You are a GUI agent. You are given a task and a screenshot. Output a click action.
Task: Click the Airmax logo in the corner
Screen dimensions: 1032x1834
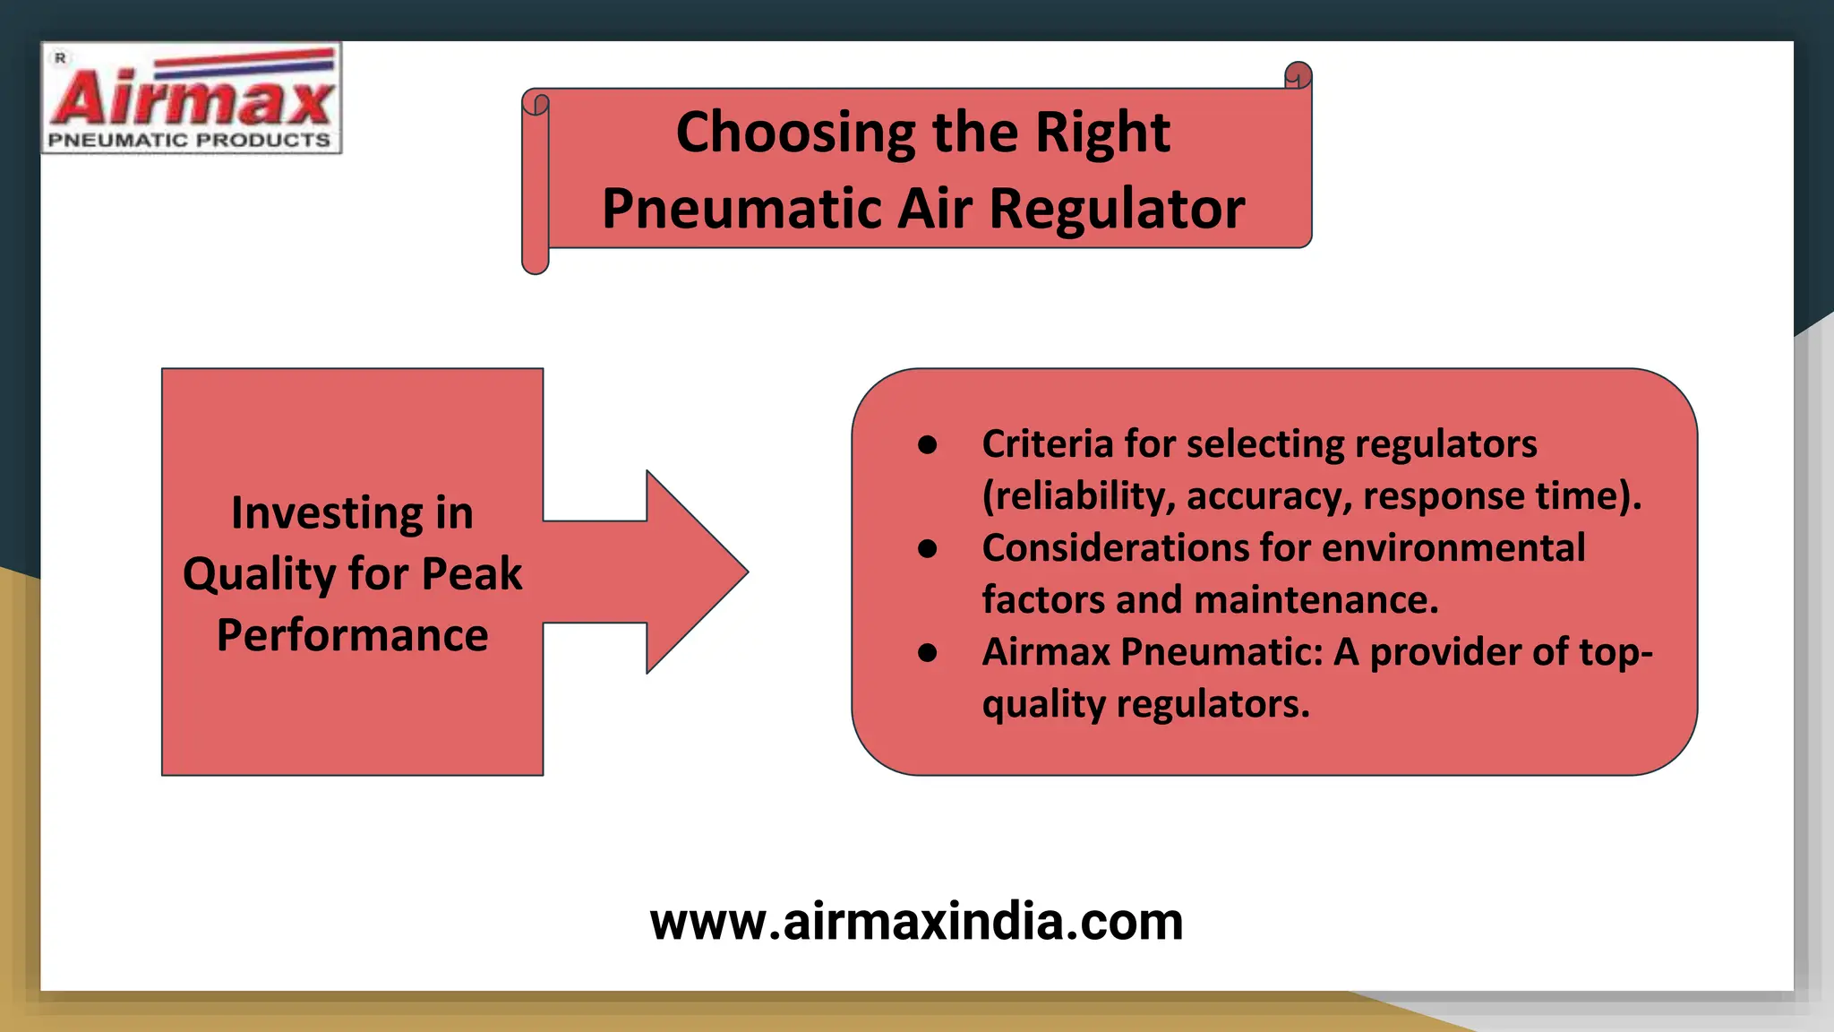(x=191, y=97)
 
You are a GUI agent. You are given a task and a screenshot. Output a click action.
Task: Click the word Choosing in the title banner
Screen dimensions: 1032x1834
(x=795, y=133)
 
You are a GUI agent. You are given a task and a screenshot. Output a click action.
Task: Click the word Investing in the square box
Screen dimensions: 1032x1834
(x=327, y=513)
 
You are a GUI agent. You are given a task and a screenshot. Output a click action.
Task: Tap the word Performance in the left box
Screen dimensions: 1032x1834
(x=352, y=635)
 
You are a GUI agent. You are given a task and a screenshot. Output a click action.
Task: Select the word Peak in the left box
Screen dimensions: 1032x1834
(x=472, y=573)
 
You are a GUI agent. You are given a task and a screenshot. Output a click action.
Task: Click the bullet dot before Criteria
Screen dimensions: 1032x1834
(x=927, y=444)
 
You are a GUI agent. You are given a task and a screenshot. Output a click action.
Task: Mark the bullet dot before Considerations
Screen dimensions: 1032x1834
(x=927, y=548)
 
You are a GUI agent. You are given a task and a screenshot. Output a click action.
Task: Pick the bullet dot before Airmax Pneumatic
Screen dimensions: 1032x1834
(x=927, y=653)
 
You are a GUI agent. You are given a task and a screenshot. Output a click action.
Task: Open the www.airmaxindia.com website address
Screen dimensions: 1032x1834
(x=916, y=922)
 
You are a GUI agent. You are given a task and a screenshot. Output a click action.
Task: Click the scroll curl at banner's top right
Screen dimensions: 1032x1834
(x=1298, y=76)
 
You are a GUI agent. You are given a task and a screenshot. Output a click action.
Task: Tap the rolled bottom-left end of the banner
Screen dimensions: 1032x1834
(x=535, y=260)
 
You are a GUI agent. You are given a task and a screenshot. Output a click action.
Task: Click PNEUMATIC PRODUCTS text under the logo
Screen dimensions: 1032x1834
(x=189, y=141)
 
